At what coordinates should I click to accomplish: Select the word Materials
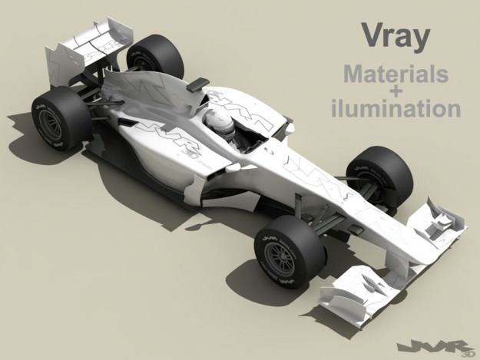click(x=396, y=75)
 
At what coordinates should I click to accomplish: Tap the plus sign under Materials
click(x=396, y=91)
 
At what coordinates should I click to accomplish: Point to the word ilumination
click(x=396, y=109)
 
